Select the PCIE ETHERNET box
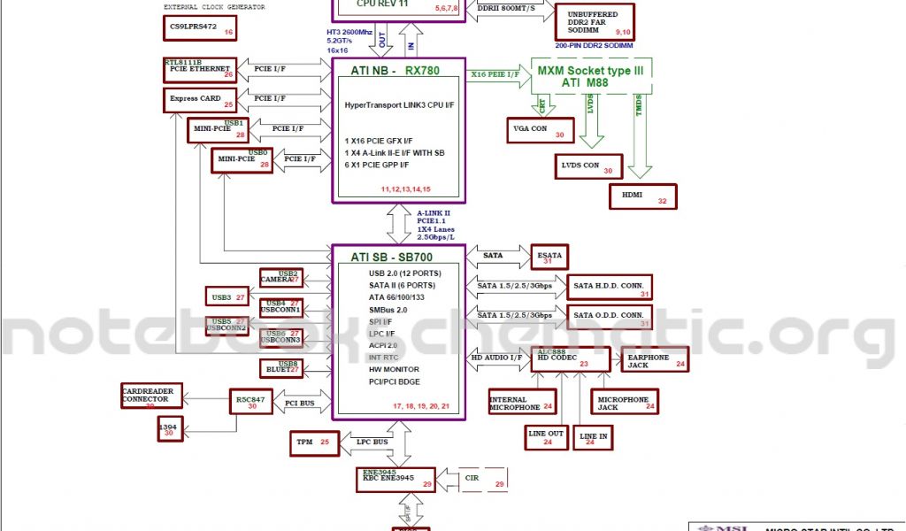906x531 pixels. pyautogui.click(x=199, y=71)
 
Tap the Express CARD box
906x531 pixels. pyautogui.click(x=199, y=100)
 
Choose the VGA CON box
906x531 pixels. pyautogui.click(x=540, y=131)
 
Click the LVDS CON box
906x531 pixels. pyautogui.click(x=588, y=165)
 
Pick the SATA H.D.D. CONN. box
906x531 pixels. pyautogui.click(x=610, y=289)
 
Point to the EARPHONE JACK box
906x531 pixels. pyautogui.click(x=652, y=359)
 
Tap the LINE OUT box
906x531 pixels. pyautogui.click(x=546, y=436)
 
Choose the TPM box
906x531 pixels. pyautogui.click(x=314, y=442)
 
